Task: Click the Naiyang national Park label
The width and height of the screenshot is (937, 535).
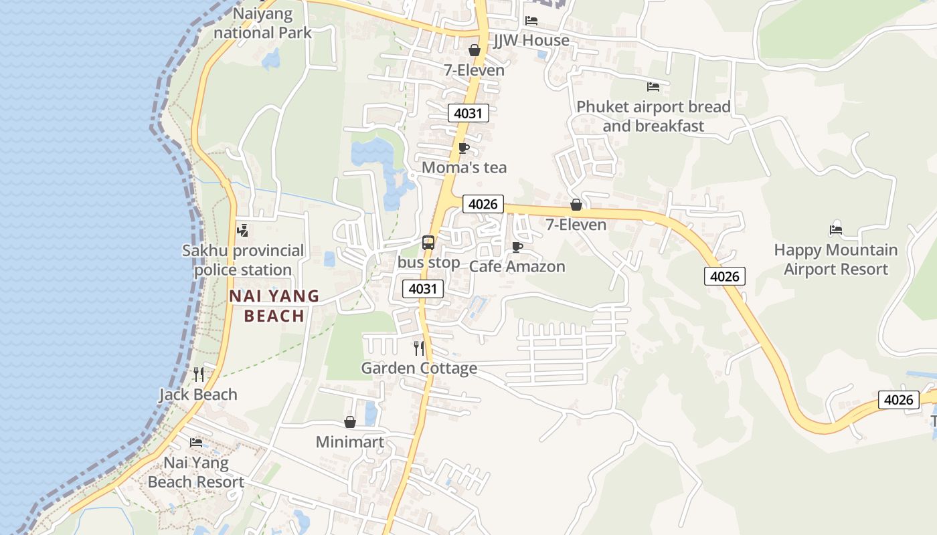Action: tap(263, 23)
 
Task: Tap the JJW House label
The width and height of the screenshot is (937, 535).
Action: tap(531, 40)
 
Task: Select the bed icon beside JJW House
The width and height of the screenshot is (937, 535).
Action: tap(531, 20)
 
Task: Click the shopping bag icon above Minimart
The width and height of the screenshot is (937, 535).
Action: tap(349, 422)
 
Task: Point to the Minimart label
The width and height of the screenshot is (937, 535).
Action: tap(350, 442)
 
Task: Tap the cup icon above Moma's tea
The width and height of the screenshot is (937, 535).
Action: tap(463, 148)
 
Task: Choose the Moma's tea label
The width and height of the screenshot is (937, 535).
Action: tap(464, 167)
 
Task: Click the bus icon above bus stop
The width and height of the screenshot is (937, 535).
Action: tap(428, 243)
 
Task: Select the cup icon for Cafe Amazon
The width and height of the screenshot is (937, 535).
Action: tap(517, 247)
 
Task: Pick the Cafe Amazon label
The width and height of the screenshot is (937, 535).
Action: tap(517, 266)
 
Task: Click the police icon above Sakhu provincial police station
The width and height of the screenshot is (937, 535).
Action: tap(242, 231)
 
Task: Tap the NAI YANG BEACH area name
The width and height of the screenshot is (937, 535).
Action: tap(274, 306)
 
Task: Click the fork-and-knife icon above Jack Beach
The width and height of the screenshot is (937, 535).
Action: tap(198, 374)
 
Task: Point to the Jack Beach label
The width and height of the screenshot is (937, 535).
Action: tap(198, 394)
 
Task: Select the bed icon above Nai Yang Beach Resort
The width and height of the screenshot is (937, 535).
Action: tap(196, 442)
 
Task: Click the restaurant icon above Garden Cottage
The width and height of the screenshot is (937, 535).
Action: tap(419, 348)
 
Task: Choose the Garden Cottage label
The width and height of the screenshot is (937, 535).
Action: tap(419, 368)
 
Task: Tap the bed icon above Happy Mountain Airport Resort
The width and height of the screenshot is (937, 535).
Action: tap(835, 230)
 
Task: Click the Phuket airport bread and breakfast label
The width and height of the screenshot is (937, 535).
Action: tap(653, 116)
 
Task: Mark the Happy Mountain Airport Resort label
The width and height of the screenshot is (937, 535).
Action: tap(836, 259)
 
